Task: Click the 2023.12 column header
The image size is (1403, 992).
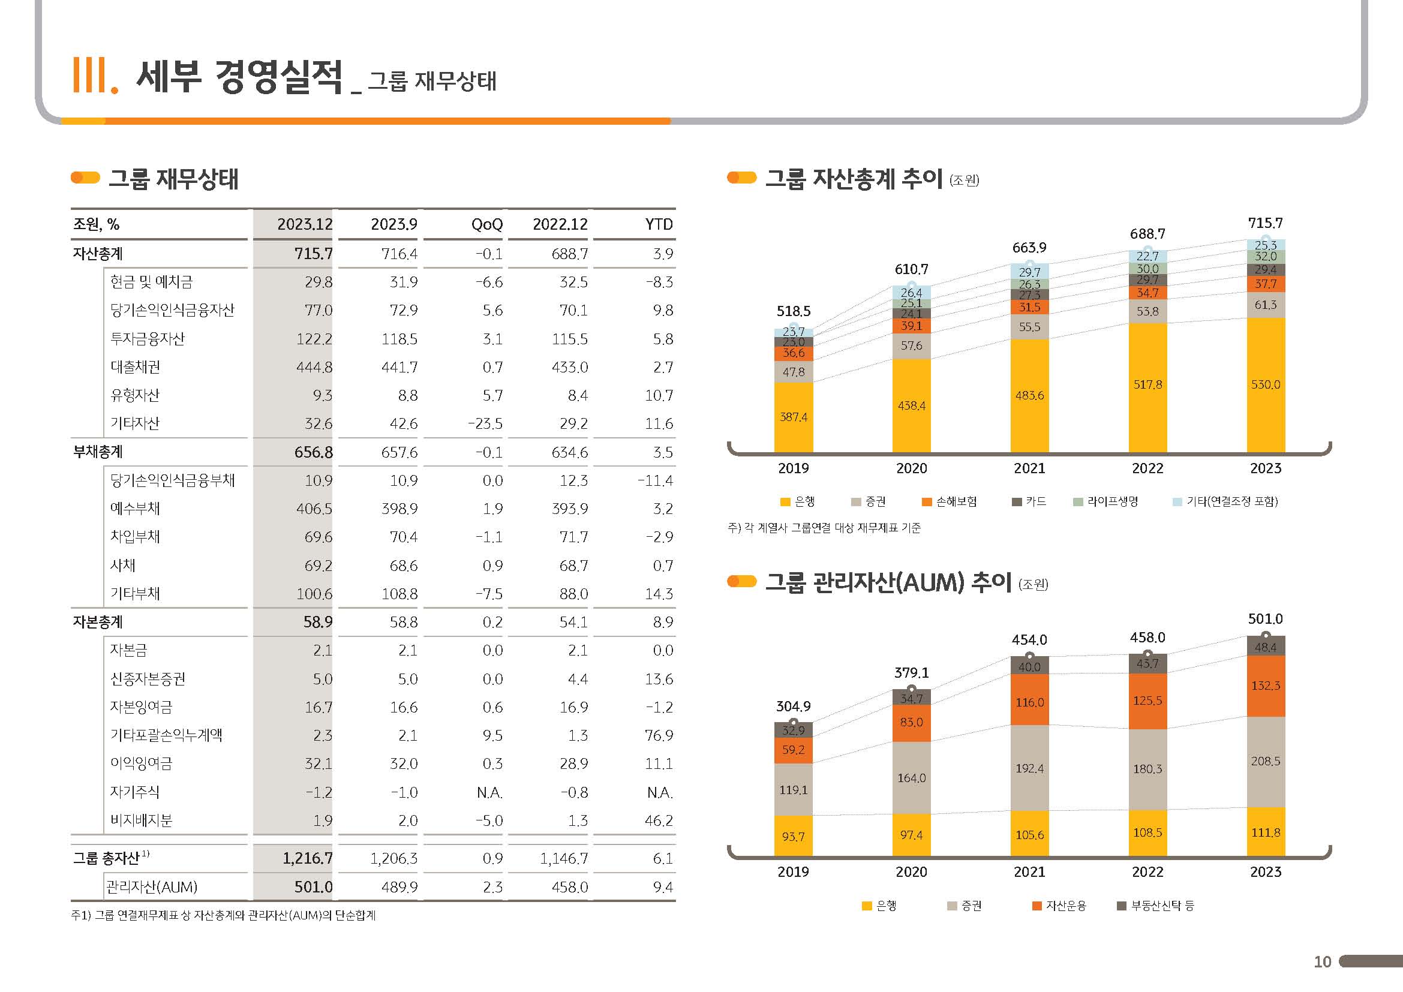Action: [x=304, y=224]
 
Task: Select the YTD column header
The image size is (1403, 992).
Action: [x=659, y=224]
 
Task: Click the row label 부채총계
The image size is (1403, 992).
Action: [x=98, y=452]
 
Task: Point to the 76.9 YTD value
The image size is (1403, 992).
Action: [x=659, y=735]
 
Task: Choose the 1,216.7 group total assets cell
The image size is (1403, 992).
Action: [x=307, y=859]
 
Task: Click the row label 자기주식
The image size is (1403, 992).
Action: [x=134, y=792]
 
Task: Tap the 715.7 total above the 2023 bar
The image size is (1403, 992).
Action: [x=1265, y=223]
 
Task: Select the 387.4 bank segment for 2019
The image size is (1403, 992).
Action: [x=793, y=417]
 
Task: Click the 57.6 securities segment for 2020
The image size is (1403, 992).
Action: [x=911, y=345]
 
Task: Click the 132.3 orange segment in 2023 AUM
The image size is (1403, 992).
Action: [x=1266, y=686]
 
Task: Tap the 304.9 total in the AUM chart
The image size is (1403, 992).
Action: [x=793, y=707]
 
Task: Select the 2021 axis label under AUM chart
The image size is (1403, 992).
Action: [x=1030, y=872]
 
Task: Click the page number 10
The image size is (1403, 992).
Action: [x=1323, y=962]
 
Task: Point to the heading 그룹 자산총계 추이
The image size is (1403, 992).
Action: [x=854, y=178]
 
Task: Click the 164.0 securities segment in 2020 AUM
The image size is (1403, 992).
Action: [x=911, y=778]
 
